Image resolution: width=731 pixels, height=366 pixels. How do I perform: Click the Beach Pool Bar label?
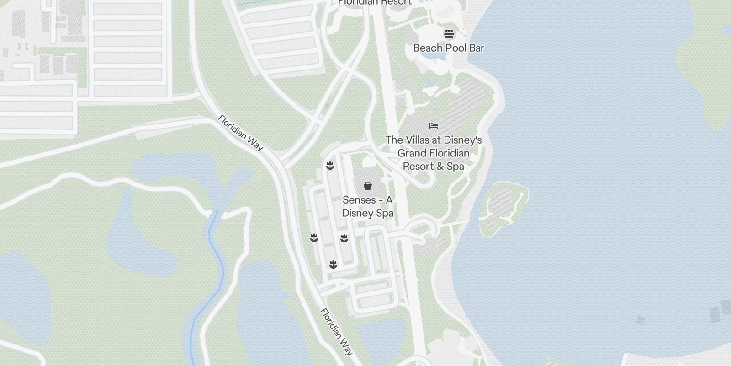pos(448,48)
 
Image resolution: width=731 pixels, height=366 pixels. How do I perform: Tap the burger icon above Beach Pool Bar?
pos(449,34)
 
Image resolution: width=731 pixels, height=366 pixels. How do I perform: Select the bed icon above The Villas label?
pos(434,125)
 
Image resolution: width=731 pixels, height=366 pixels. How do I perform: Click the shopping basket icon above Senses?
pos(367,186)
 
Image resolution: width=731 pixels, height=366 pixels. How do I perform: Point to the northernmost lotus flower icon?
pos(330,166)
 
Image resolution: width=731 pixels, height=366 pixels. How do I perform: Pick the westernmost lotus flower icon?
pos(314,238)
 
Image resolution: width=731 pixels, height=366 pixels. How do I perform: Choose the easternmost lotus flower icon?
pos(344,238)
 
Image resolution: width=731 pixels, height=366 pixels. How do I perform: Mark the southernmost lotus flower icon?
pos(333,264)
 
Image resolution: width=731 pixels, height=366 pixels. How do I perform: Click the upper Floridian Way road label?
pos(241,133)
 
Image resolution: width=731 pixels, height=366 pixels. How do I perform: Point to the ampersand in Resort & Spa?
pos(440,167)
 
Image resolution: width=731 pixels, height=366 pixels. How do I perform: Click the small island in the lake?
pos(503,206)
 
